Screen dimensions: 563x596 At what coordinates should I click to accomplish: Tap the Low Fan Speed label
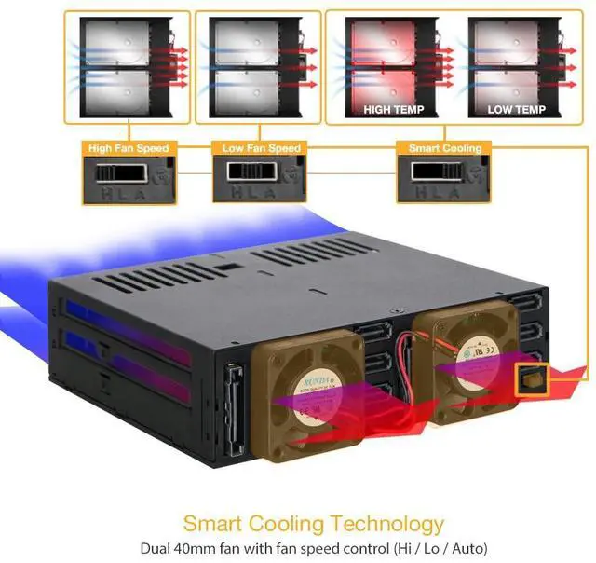click(x=262, y=147)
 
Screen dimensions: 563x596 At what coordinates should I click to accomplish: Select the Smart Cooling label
click(x=445, y=147)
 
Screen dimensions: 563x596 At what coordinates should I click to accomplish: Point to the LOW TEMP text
click(x=516, y=109)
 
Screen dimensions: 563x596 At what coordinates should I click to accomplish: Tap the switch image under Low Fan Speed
click(x=261, y=179)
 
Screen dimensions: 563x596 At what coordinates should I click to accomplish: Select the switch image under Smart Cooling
click(x=445, y=179)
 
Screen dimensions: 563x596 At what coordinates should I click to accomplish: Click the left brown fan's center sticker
click(x=315, y=383)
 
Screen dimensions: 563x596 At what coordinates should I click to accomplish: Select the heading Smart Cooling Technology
click(x=313, y=523)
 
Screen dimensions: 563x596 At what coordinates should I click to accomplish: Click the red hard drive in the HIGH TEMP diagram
click(x=391, y=61)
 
